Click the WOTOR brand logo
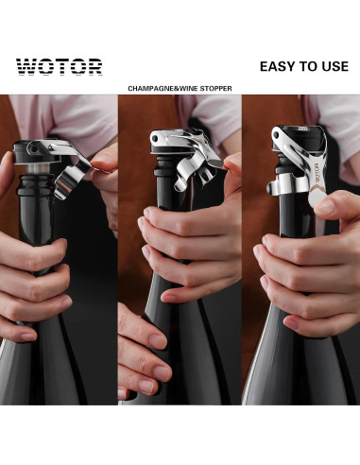pos(59,66)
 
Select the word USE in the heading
pos(327,66)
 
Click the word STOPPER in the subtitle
pos(213,88)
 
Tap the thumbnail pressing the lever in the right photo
pos(324,202)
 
